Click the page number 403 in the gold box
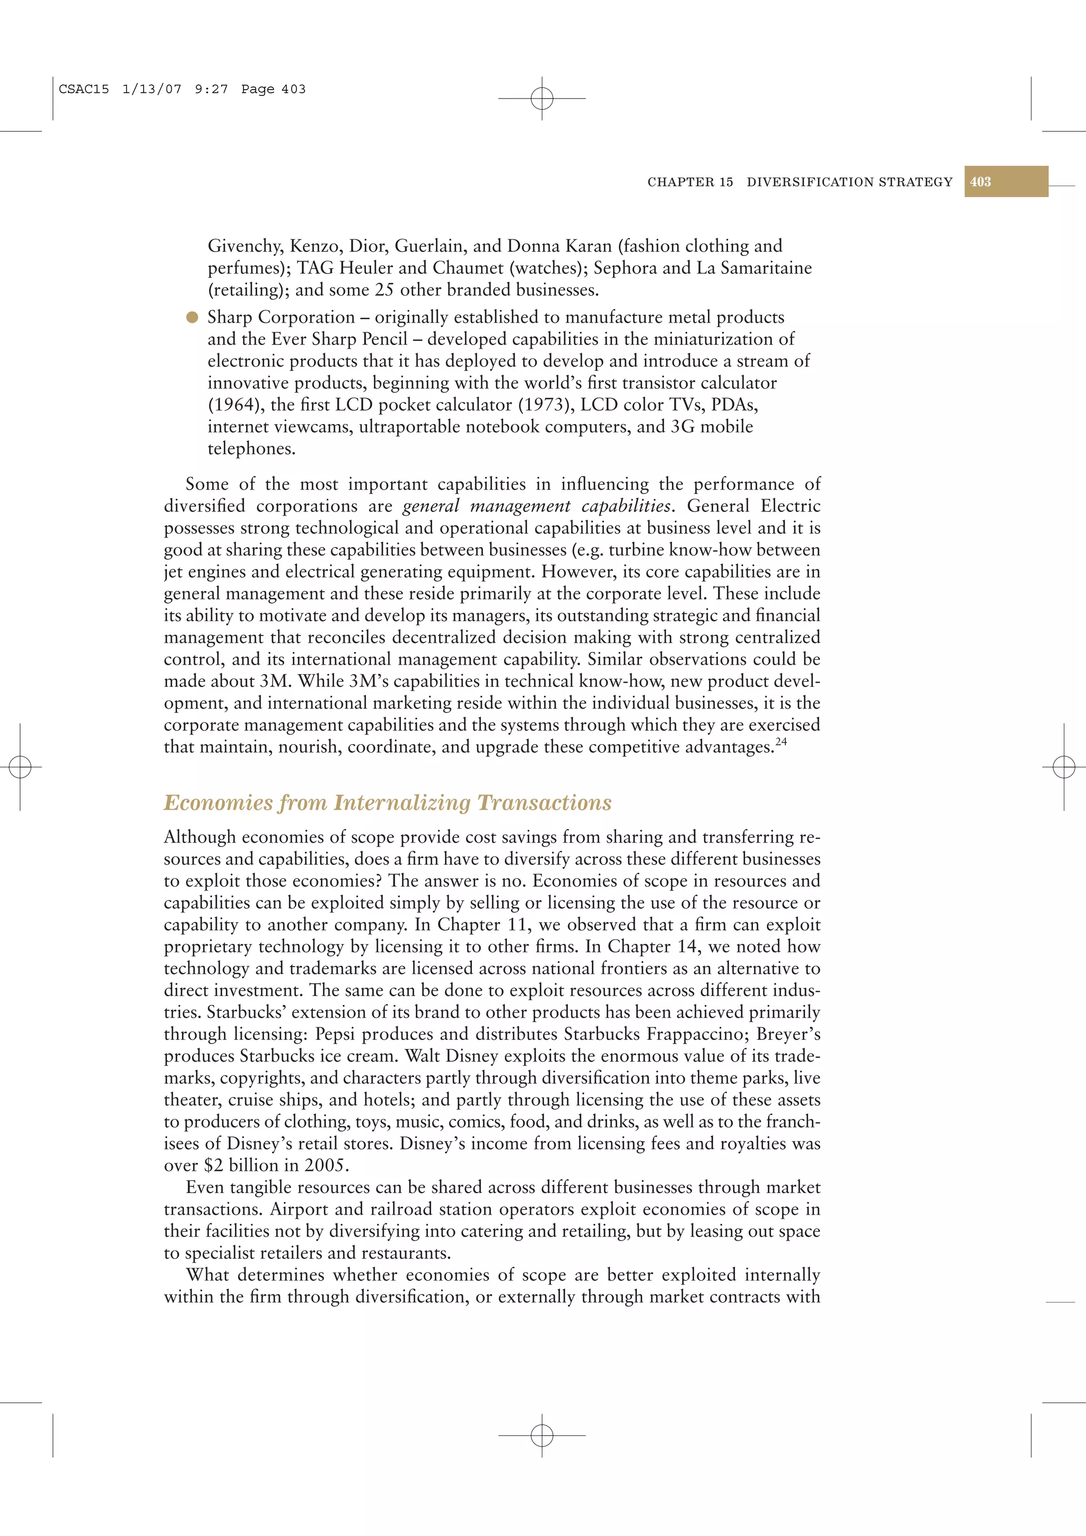[x=980, y=182]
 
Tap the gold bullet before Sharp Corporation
[x=192, y=317]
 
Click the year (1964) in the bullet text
[x=235, y=405]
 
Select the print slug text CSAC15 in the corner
[x=84, y=89]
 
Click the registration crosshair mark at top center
[x=542, y=99]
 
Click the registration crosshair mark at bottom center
[x=542, y=1435]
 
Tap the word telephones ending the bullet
[x=251, y=449]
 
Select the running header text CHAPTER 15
[x=690, y=182]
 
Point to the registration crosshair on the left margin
[x=20, y=766]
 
